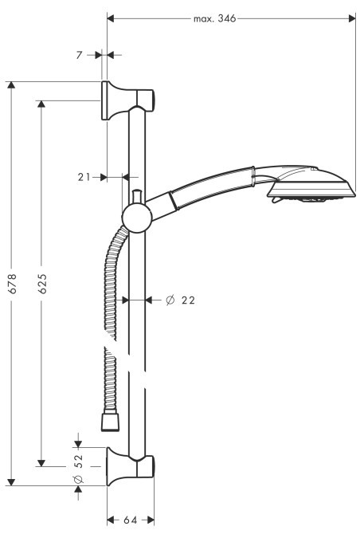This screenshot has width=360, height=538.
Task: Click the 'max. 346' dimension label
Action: tap(214, 18)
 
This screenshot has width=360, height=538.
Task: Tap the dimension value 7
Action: tap(79, 55)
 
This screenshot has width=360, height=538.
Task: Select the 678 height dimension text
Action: tap(12, 284)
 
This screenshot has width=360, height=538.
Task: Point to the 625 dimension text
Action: tap(42, 284)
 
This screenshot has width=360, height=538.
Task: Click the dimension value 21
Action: tap(84, 177)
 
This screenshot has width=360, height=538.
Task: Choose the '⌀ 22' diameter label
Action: tap(180, 300)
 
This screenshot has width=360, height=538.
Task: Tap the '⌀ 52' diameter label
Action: tap(79, 469)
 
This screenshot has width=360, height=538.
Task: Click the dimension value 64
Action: tap(131, 520)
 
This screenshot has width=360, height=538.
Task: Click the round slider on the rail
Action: tap(137, 218)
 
